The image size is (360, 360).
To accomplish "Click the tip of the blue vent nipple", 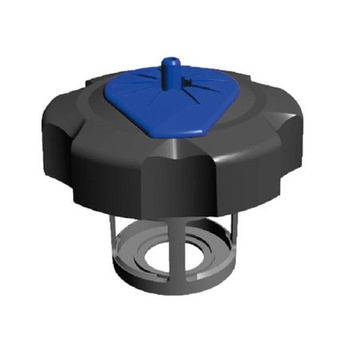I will coord(168,61).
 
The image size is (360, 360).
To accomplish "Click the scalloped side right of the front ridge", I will coord(231,171).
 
